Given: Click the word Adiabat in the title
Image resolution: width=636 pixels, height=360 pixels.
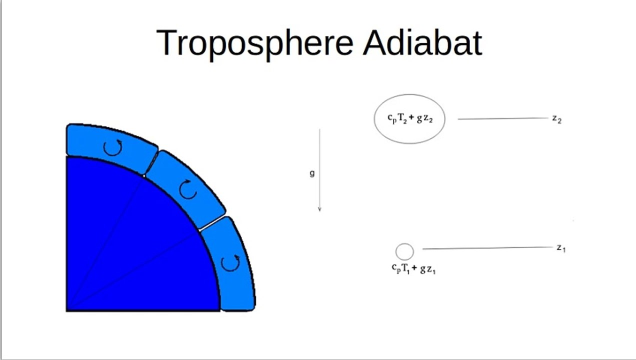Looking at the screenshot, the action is point(422,42).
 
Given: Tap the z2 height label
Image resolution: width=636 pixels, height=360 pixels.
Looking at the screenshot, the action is point(557,119).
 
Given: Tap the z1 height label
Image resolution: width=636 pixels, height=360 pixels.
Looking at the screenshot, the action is point(561,248).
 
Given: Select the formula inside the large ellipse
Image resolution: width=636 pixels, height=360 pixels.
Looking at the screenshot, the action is point(410,118).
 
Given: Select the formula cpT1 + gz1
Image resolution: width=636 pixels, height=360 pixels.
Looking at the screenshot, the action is point(413,268).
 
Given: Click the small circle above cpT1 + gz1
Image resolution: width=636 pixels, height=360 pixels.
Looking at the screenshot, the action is point(404,251).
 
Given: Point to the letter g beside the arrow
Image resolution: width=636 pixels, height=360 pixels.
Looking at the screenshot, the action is point(312,173).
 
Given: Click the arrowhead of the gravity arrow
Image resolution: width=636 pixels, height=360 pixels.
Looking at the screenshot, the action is point(319,209).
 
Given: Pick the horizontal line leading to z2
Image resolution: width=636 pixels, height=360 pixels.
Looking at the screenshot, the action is point(502,118).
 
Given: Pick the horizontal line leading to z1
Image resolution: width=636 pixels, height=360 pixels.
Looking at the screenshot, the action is point(488,248).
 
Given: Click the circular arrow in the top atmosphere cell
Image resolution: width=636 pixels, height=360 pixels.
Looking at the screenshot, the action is point(112,147).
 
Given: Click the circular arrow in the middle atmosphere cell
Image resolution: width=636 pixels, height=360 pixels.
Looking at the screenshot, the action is point(188,189).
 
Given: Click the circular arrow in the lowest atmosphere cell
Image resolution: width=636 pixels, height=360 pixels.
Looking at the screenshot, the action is point(230,263).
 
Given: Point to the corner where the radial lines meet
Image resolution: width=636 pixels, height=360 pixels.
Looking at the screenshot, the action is point(67,311).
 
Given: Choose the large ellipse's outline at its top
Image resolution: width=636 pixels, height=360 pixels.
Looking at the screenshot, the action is point(409,95).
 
